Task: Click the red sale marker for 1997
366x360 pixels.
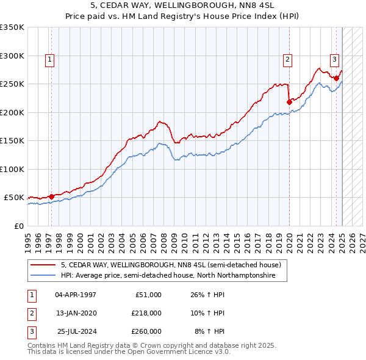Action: pyautogui.click(x=51, y=196)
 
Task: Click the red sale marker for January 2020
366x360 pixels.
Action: pyautogui.click(x=289, y=102)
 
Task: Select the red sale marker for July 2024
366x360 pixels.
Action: pyautogui.click(x=336, y=78)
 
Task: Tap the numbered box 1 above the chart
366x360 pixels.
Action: pyautogui.click(x=49, y=59)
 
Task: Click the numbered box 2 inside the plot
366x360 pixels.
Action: pyautogui.click(x=287, y=59)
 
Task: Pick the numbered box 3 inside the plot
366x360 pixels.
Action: pyautogui.click(x=335, y=59)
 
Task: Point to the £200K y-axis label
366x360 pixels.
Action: pyautogui.click(x=12, y=112)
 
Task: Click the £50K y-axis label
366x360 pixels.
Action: pyautogui.click(x=14, y=198)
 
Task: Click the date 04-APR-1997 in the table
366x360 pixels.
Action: pyautogui.click(x=75, y=295)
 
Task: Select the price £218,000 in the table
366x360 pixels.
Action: pyautogui.click(x=146, y=313)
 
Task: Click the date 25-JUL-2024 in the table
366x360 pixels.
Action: pyautogui.click(x=75, y=331)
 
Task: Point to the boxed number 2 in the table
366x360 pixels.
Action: pyautogui.click(x=31, y=313)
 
